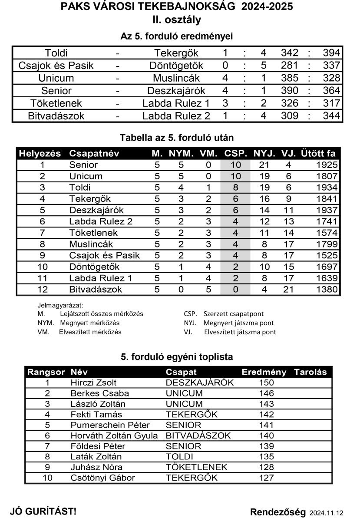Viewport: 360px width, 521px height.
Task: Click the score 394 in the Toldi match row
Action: click(x=332, y=53)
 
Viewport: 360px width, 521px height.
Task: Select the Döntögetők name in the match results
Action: click(x=176, y=66)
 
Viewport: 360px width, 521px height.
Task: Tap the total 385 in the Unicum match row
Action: click(x=290, y=79)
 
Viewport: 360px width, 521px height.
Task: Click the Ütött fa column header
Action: click(x=318, y=154)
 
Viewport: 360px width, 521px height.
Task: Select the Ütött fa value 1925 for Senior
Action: click(x=327, y=165)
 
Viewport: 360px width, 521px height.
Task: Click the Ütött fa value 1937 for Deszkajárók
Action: click(x=327, y=210)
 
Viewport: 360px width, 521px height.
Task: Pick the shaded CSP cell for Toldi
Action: click(x=235, y=188)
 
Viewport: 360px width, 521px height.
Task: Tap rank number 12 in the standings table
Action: click(x=43, y=289)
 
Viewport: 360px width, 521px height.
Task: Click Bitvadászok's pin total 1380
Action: click(x=327, y=289)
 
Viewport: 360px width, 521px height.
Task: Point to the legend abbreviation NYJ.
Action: click(x=191, y=323)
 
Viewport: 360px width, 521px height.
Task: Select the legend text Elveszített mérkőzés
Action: click(x=90, y=332)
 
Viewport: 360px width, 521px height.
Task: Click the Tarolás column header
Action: click(x=310, y=372)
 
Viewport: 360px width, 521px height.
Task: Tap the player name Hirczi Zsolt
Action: click(x=94, y=383)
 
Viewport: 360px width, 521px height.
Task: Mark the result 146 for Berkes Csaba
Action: click(x=266, y=393)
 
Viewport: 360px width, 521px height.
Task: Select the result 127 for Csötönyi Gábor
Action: click(x=266, y=478)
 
